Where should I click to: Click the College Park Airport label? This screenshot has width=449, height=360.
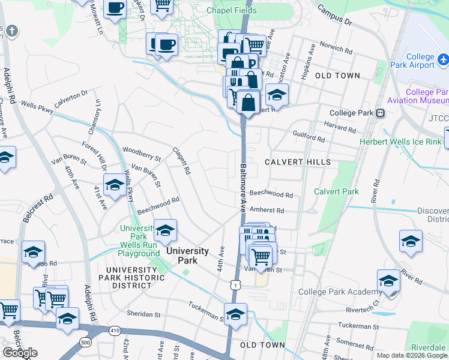click(420, 61)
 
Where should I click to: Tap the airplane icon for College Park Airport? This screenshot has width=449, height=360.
click(444, 60)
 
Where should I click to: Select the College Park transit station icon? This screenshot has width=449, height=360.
click(380, 113)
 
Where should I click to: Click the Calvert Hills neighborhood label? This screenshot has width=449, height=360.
click(297, 163)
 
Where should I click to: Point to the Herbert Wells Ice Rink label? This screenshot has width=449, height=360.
click(400, 142)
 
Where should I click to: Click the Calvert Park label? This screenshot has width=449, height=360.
click(336, 191)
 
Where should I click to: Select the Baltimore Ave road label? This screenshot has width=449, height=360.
click(243, 188)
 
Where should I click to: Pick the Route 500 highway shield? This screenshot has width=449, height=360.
click(86, 343)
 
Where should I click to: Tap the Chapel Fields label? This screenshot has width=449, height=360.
click(232, 11)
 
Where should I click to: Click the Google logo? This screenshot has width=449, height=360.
click(20, 353)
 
